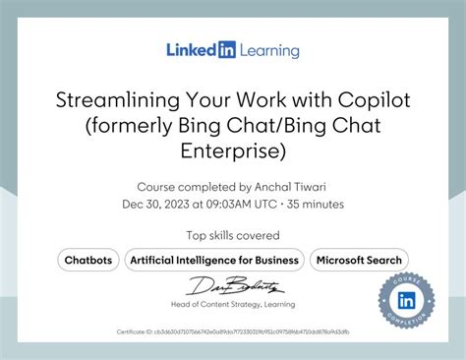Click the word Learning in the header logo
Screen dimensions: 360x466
[x=266, y=49]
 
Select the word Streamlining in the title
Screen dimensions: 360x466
[x=123, y=101]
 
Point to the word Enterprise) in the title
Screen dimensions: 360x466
[x=233, y=150]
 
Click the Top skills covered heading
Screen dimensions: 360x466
[x=233, y=235]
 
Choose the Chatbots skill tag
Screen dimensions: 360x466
[x=87, y=261]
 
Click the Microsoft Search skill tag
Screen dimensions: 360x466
[x=358, y=261]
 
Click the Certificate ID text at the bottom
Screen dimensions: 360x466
[x=233, y=332]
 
